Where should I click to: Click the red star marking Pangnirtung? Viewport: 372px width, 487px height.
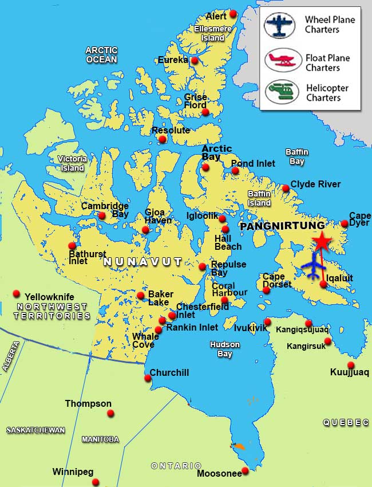click(x=321, y=242)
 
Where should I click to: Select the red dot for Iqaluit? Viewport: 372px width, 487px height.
click(x=323, y=284)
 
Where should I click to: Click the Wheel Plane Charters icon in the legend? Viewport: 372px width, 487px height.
click(x=279, y=25)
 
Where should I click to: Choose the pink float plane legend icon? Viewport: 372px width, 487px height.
click(x=283, y=60)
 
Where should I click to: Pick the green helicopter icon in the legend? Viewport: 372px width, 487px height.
click(x=282, y=92)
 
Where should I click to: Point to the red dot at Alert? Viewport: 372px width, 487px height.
click(x=233, y=14)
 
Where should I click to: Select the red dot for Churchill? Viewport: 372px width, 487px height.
click(x=148, y=378)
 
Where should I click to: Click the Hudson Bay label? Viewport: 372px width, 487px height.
click(x=224, y=349)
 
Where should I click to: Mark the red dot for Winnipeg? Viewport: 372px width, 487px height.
click(x=96, y=482)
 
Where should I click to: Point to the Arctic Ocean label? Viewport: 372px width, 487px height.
click(x=101, y=54)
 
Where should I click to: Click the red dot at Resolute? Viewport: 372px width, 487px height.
click(x=163, y=139)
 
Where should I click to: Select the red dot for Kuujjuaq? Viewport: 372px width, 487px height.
click(x=351, y=365)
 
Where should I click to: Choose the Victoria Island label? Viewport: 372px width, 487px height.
click(x=73, y=163)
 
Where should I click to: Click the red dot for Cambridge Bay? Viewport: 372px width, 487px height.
click(x=102, y=216)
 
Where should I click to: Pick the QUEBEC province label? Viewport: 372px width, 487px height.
click(x=346, y=422)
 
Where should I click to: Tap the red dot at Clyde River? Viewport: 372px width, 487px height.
click(x=286, y=188)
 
